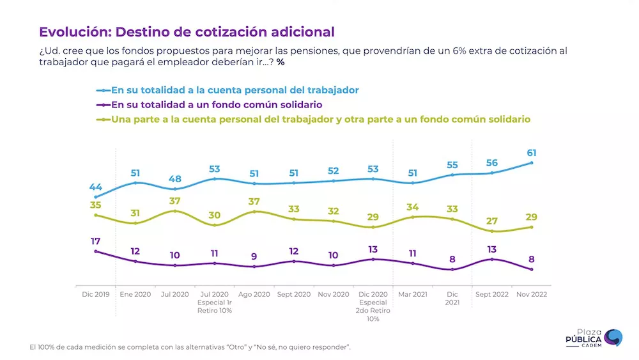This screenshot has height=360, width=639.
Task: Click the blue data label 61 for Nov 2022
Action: coord(532,152)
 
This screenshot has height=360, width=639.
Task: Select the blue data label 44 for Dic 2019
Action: coord(95,187)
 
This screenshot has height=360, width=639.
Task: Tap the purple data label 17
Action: coord(95,241)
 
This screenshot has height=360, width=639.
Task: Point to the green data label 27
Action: coord(492,221)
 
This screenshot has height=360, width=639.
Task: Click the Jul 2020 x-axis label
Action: coord(174,294)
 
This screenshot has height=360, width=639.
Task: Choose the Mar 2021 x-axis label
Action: coord(413,294)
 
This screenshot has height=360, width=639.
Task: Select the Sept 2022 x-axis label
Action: coord(492,294)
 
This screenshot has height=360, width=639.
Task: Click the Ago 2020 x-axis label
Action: coord(254,294)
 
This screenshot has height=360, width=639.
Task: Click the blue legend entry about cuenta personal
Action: coord(235,90)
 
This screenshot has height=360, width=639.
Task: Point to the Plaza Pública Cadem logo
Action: coord(594,338)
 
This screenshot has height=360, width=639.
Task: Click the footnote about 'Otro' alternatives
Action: coord(190,347)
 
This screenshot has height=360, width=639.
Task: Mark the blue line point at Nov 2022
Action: coord(532,163)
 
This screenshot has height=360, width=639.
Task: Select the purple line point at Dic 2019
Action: coord(95,251)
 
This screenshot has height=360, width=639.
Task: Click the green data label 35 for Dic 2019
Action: coord(95,205)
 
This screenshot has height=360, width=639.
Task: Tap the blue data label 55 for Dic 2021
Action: coord(452,164)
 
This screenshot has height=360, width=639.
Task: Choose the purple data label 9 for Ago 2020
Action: coord(254,256)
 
